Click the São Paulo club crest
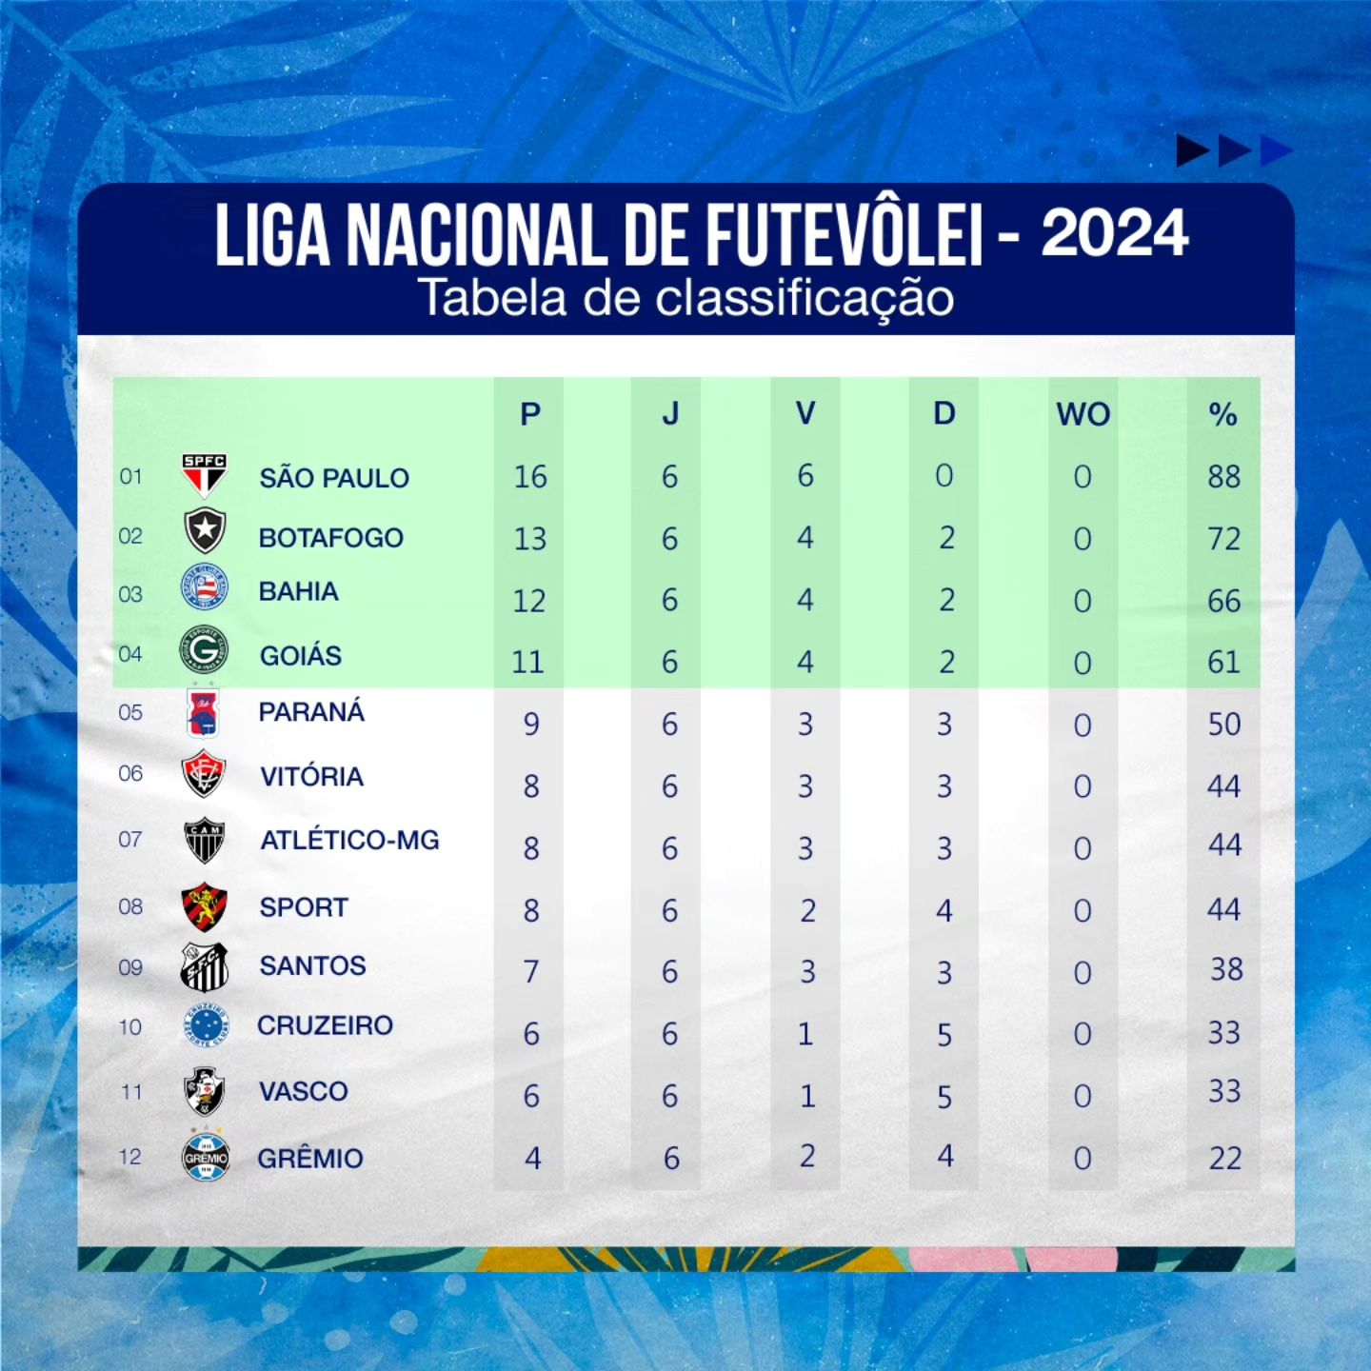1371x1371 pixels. point(205,475)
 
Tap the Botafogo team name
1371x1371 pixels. point(331,538)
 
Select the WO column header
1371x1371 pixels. point(1083,414)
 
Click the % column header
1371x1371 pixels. point(1222,414)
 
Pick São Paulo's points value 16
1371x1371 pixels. point(530,476)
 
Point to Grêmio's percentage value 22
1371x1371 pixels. point(1224,1158)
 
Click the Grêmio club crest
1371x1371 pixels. point(206,1157)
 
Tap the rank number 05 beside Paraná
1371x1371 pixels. point(130,712)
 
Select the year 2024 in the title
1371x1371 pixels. point(1115,232)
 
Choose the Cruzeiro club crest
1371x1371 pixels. point(206,1025)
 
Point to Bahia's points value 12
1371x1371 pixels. point(529,601)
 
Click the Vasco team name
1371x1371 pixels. point(304,1091)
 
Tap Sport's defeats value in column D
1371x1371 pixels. point(944,910)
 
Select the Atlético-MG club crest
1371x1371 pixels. point(205,841)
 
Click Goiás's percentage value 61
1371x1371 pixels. point(1223,662)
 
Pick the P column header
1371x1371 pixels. point(530,414)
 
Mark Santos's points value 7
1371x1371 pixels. point(531,971)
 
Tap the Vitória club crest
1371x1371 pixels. point(204,774)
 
